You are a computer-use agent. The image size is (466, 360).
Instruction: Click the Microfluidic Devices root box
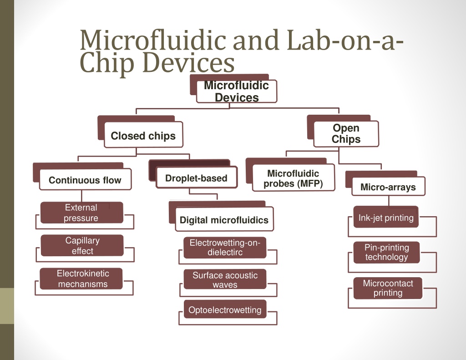(237, 91)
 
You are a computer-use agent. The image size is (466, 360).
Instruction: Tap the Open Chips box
(346, 134)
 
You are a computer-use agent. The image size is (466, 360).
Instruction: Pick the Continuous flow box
(85, 179)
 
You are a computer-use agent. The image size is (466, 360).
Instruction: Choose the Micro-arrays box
(388, 187)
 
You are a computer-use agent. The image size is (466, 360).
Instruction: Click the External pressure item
(82, 213)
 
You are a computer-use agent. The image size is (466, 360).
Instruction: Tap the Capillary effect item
(82, 245)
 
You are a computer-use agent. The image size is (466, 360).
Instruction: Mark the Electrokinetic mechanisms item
(81, 279)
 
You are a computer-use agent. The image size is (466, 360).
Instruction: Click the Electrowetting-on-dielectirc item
(225, 247)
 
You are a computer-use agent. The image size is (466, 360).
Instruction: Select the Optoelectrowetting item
(225, 309)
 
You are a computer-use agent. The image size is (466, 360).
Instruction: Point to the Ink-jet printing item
(386, 217)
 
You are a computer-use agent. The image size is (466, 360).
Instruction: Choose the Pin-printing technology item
(387, 253)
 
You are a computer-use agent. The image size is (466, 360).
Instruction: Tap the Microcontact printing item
(388, 288)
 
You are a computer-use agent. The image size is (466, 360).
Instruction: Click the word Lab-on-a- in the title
(345, 40)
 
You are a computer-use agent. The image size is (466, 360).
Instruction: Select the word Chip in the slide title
(107, 63)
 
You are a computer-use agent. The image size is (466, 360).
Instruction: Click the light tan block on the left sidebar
(7, 306)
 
